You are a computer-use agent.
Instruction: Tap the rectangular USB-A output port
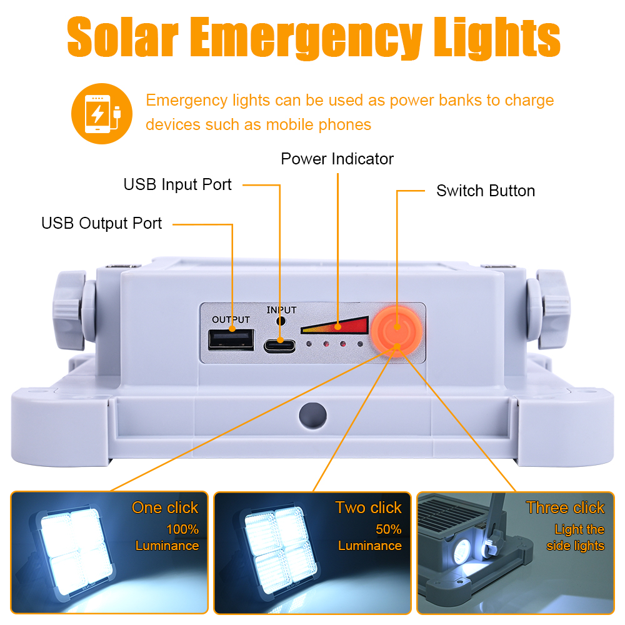click(x=231, y=339)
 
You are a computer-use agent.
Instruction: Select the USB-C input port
click(x=279, y=346)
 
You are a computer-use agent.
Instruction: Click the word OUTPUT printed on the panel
click(x=231, y=319)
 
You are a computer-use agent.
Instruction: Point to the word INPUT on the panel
click(x=281, y=310)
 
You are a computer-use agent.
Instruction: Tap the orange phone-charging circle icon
click(x=102, y=114)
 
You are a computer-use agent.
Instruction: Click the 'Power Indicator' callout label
click(x=337, y=159)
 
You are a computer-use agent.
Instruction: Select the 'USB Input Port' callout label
click(x=177, y=184)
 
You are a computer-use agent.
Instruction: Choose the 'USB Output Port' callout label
click(x=102, y=223)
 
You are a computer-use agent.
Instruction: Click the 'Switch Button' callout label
click(x=486, y=191)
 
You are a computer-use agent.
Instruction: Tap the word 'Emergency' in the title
click(x=306, y=38)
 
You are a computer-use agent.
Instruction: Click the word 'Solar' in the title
click(x=122, y=37)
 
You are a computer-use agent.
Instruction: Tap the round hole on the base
click(x=313, y=416)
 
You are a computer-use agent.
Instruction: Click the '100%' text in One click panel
click(x=182, y=529)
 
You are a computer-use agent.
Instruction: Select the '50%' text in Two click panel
click(x=388, y=529)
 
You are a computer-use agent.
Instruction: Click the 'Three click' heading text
click(x=565, y=507)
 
